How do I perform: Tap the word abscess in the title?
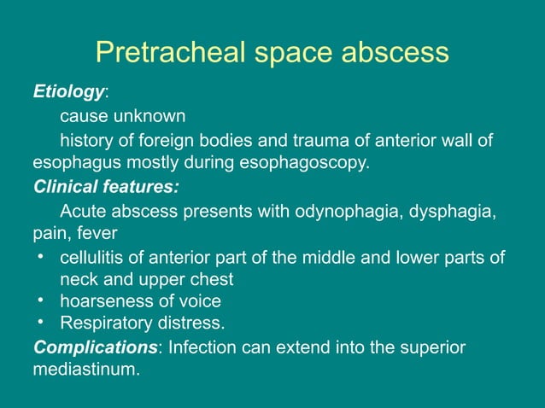pos(396,53)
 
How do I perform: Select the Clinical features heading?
pos(106,185)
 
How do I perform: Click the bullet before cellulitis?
pos(41,255)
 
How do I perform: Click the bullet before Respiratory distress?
pos(41,322)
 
